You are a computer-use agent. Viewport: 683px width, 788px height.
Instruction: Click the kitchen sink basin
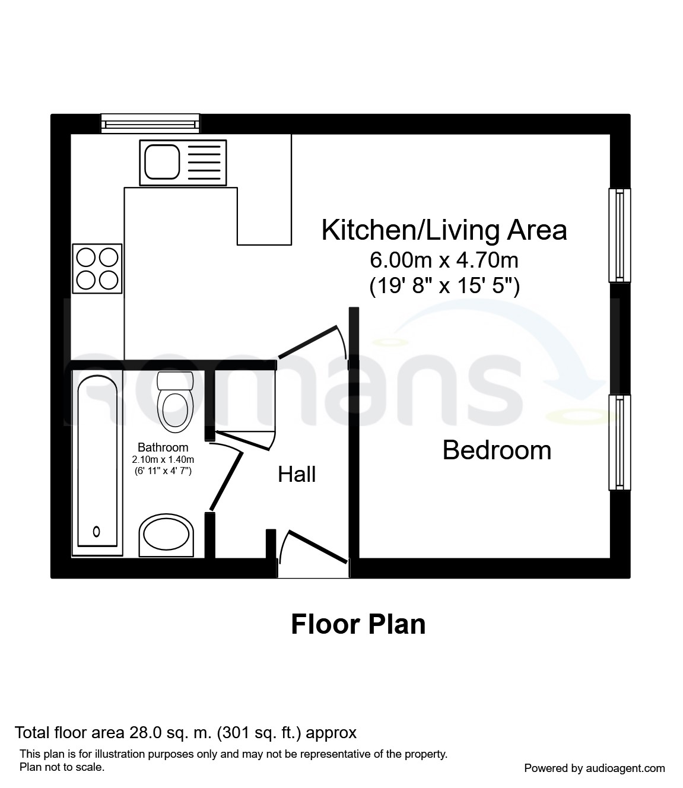click(162, 162)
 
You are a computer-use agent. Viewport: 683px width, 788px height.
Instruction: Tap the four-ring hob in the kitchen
click(97, 269)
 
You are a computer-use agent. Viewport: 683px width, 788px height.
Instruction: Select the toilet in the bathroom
click(175, 402)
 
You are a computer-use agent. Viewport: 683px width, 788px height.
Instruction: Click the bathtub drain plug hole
click(97, 531)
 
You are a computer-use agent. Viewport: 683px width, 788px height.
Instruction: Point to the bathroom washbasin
click(166, 535)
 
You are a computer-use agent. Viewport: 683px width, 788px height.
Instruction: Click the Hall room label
click(297, 475)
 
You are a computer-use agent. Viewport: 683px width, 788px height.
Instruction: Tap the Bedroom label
click(497, 450)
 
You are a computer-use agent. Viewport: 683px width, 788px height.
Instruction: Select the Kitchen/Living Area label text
click(444, 230)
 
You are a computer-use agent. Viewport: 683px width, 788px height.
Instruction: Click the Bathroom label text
click(163, 447)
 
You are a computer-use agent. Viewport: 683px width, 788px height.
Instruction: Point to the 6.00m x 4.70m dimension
click(444, 260)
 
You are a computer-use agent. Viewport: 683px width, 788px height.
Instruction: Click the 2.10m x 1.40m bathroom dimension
click(163, 460)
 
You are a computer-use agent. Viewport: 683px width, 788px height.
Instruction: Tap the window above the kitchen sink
click(150, 123)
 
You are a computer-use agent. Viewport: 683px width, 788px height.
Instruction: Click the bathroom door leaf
click(226, 481)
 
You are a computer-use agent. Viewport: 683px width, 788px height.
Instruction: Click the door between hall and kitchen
click(308, 342)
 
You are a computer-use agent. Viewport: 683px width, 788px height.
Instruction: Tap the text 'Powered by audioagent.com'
click(595, 768)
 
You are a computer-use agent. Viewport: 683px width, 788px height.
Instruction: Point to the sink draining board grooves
click(204, 163)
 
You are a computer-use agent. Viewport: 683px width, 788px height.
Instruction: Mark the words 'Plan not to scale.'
click(62, 767)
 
